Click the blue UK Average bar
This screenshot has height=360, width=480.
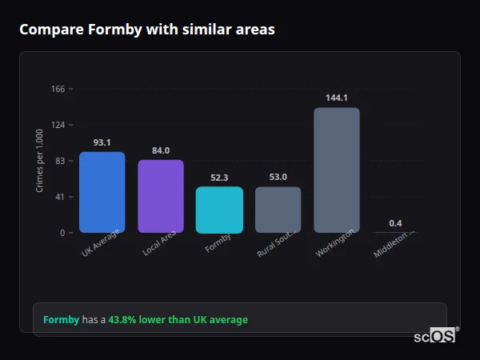tap(102, 192)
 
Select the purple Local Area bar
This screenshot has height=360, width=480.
tap(161, 196)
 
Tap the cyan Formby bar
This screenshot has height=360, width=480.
tap(219, 210)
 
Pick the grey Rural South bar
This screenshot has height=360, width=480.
tap(278, 210)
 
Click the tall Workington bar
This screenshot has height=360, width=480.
tap(336, 170)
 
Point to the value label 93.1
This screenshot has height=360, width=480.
tap(102, 142)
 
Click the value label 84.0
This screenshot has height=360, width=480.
tap(161, 150)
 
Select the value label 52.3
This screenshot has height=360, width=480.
tap(219, 178)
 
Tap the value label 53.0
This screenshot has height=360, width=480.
tap(278, 177)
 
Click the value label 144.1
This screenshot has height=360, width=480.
tap(336, 98)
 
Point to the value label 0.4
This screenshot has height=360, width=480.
tap(395, 223)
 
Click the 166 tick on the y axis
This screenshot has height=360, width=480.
tap(58, 89)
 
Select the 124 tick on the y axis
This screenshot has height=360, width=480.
tap(58, 125)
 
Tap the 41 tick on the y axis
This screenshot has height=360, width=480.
tap(60, 197)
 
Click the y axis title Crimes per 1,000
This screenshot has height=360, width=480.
tap(40, 161)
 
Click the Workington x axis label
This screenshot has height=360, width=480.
tap(330, 243)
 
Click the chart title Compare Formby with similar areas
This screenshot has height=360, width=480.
tap(146, 30)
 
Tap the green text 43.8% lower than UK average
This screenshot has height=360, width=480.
tap(178, 320)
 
